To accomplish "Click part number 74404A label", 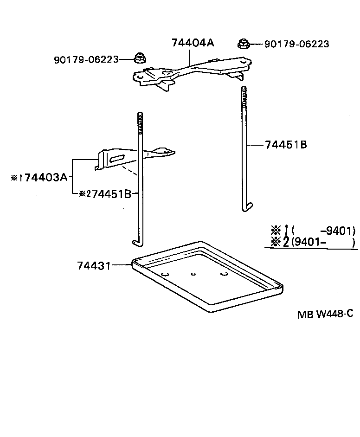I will tap(193, 43).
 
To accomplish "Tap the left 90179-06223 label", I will tap(86, 59).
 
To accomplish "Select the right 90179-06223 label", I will tap(296, 44).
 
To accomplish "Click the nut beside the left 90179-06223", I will tap(139, 58).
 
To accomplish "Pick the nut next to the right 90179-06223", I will tap(243, 44).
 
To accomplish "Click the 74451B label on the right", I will tap(286, 145).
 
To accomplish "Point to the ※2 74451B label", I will tap(105, 194).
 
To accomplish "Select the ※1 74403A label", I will tap(39, 177).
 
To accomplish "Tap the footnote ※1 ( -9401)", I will tap(313, 230).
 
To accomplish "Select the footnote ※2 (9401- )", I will tap(313, 242).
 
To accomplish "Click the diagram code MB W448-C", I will tap(325, 314).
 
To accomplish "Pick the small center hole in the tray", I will tap(193, 274).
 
